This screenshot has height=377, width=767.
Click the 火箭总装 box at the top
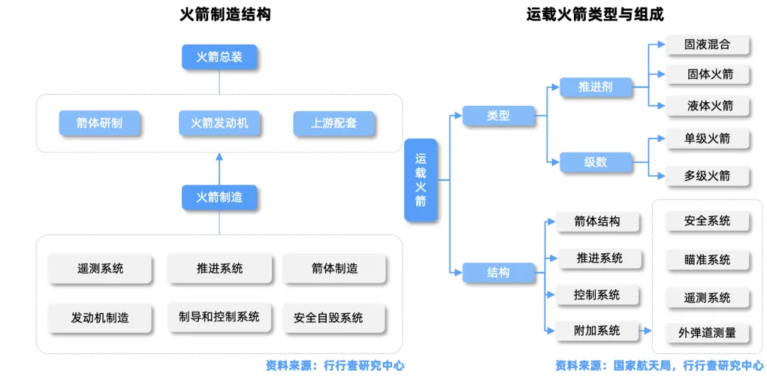point(219,57)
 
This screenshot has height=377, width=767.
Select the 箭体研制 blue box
point(99,123)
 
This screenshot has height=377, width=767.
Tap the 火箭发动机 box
point(219,123)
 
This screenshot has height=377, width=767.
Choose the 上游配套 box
point(334,123)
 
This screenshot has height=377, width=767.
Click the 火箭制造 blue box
point(219,197)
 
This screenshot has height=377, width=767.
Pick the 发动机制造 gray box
point(99,317)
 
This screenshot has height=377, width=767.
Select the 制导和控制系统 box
point(219,317)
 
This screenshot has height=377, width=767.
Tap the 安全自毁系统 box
point(334,317)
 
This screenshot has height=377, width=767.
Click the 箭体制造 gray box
point(334,268)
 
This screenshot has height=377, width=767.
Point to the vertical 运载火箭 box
point(420,180)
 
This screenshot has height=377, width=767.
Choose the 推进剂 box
point(595,87)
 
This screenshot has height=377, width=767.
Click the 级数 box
point(595,162)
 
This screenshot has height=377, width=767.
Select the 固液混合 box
point(707,45)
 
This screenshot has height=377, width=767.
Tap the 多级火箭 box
point(707,175)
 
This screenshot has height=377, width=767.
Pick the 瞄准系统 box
point(707,260)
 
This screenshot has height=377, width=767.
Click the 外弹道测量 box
point(707,332)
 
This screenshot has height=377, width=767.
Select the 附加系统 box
point(597,330)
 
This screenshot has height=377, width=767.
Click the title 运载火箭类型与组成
point(595,15)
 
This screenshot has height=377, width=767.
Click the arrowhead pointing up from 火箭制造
point(219,156)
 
